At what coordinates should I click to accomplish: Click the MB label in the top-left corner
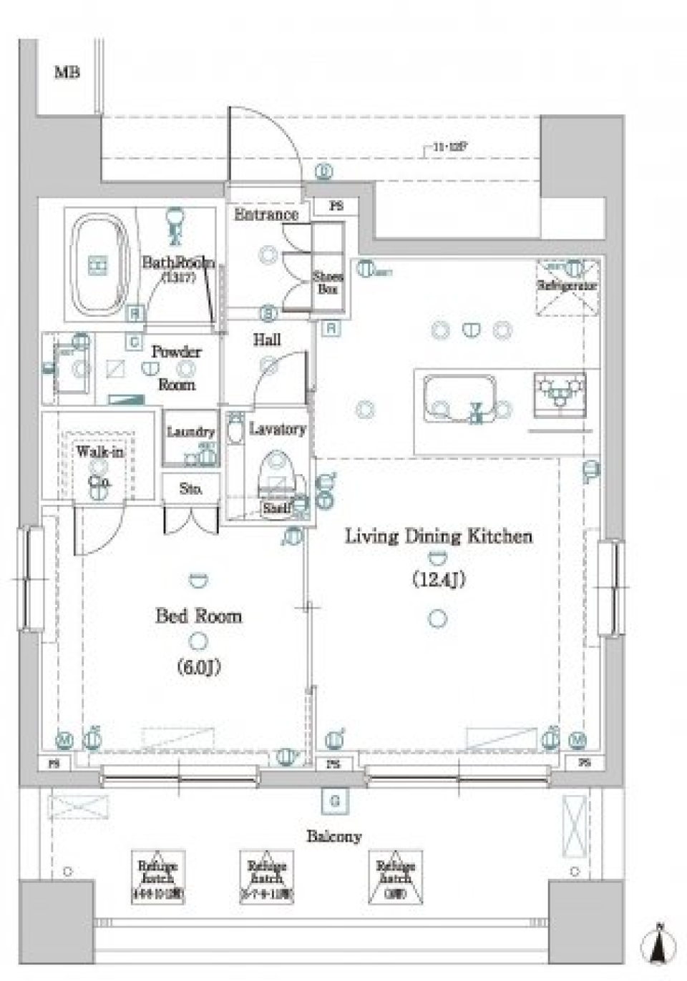click(x=67, y=72)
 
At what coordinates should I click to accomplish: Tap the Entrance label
click(x=265, y=214)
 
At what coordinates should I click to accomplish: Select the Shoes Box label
click(x=328, y=283)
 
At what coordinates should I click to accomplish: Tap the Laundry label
click(x=190, y=432)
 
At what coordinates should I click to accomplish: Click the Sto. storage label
click(x=190, y=489)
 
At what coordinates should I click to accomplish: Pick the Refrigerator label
click(x=567, y=285)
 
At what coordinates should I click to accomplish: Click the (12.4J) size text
click(x=439, y=578)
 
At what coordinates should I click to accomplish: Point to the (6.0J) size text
click(x=198, y=666)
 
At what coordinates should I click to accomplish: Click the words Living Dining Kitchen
click(x=439, y=536)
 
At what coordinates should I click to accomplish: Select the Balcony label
click(x=334, y=836)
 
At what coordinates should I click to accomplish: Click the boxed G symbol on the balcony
click(x=334, y=801)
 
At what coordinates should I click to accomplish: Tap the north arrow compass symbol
click(x=661, y=945)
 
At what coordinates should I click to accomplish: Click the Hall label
click(x=267, y=340)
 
